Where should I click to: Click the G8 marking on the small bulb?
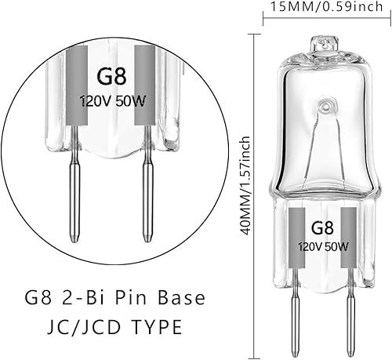click(319, 229)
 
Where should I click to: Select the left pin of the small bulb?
click(299, 314)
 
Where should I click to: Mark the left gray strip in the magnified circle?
click(75, 86)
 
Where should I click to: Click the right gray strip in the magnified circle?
click(143, 86)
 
